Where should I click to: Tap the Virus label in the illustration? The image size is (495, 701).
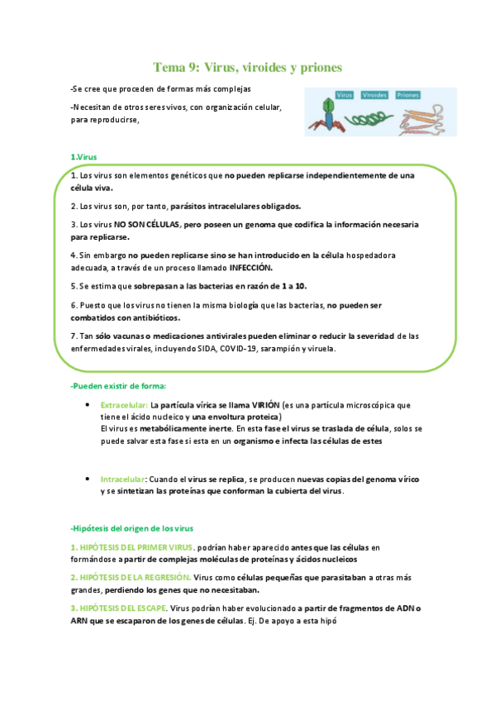coord(344,95)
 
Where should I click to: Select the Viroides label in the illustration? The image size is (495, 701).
coord(375,95)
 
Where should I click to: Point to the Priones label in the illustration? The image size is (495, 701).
coord(407,95)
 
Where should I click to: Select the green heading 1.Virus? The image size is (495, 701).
coord(84,157)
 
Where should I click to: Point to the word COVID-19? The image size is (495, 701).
coord(237,348)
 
